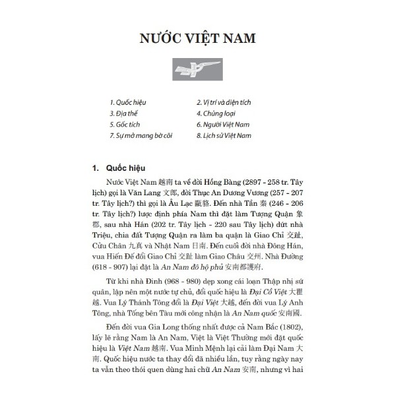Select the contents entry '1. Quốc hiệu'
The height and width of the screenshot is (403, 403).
(x=128, y=103)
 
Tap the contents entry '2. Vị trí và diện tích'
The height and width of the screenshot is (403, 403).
(x=224, y=103)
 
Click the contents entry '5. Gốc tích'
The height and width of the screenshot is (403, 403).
(x=126, y=124)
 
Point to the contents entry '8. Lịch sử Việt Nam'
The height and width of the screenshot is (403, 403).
(x=225, y=135)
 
